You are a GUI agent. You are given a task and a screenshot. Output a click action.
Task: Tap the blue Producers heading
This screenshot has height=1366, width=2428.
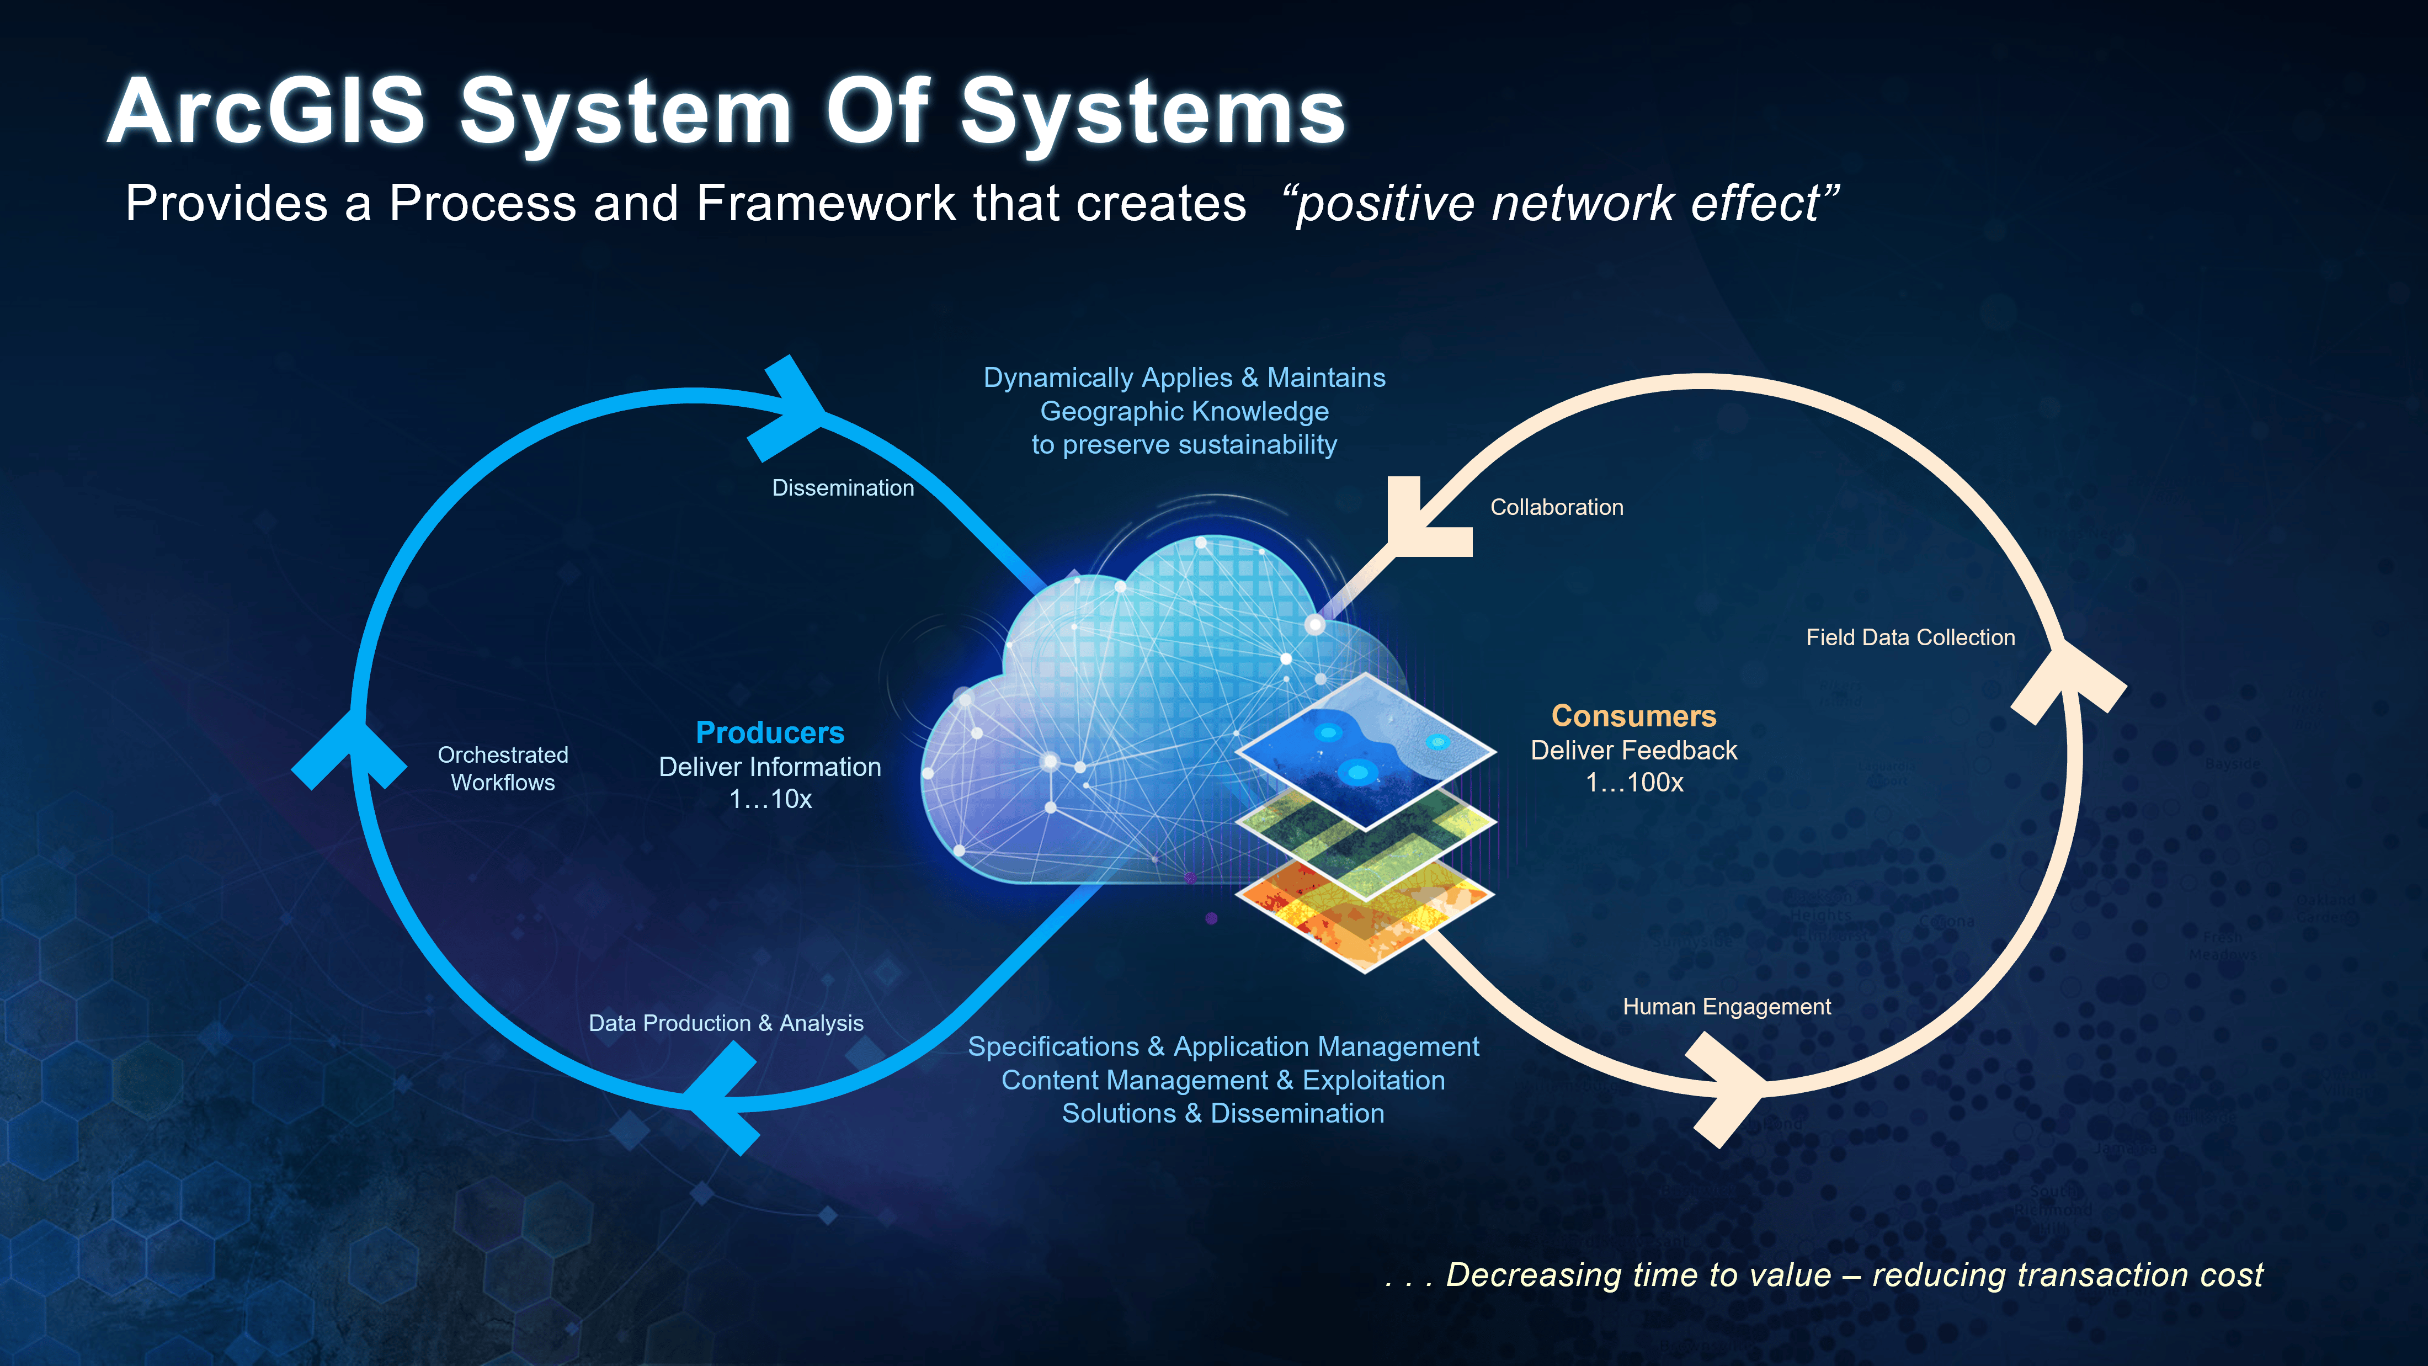pyautogui.click(x=769, y=732)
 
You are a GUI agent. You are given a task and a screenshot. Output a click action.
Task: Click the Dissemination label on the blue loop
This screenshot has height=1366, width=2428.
pyautogui.click(x=843, y=487)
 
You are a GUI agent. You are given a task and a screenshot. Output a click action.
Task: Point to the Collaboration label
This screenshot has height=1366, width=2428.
pyautogui.click(x=1556, y=507)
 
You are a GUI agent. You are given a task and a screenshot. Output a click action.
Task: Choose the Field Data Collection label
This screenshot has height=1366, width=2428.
pyautogui.click(x=1910, y=637)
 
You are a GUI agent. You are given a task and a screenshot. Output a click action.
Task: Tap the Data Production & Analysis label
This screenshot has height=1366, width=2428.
pyautogui.click(x=726, y=1023)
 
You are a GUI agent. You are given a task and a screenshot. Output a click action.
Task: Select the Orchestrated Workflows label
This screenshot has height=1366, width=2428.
pyautogui.click(x=502, y=768)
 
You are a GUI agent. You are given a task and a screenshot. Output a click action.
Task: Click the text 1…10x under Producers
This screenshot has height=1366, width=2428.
pyautogui.click(x=770, y=799)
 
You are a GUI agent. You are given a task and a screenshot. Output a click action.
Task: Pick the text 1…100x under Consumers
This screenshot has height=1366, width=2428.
pyautogui.click(x=1633, y=783)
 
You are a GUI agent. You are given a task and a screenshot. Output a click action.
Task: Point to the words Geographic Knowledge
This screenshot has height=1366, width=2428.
pyautogui.click(x=1184, y=411)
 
